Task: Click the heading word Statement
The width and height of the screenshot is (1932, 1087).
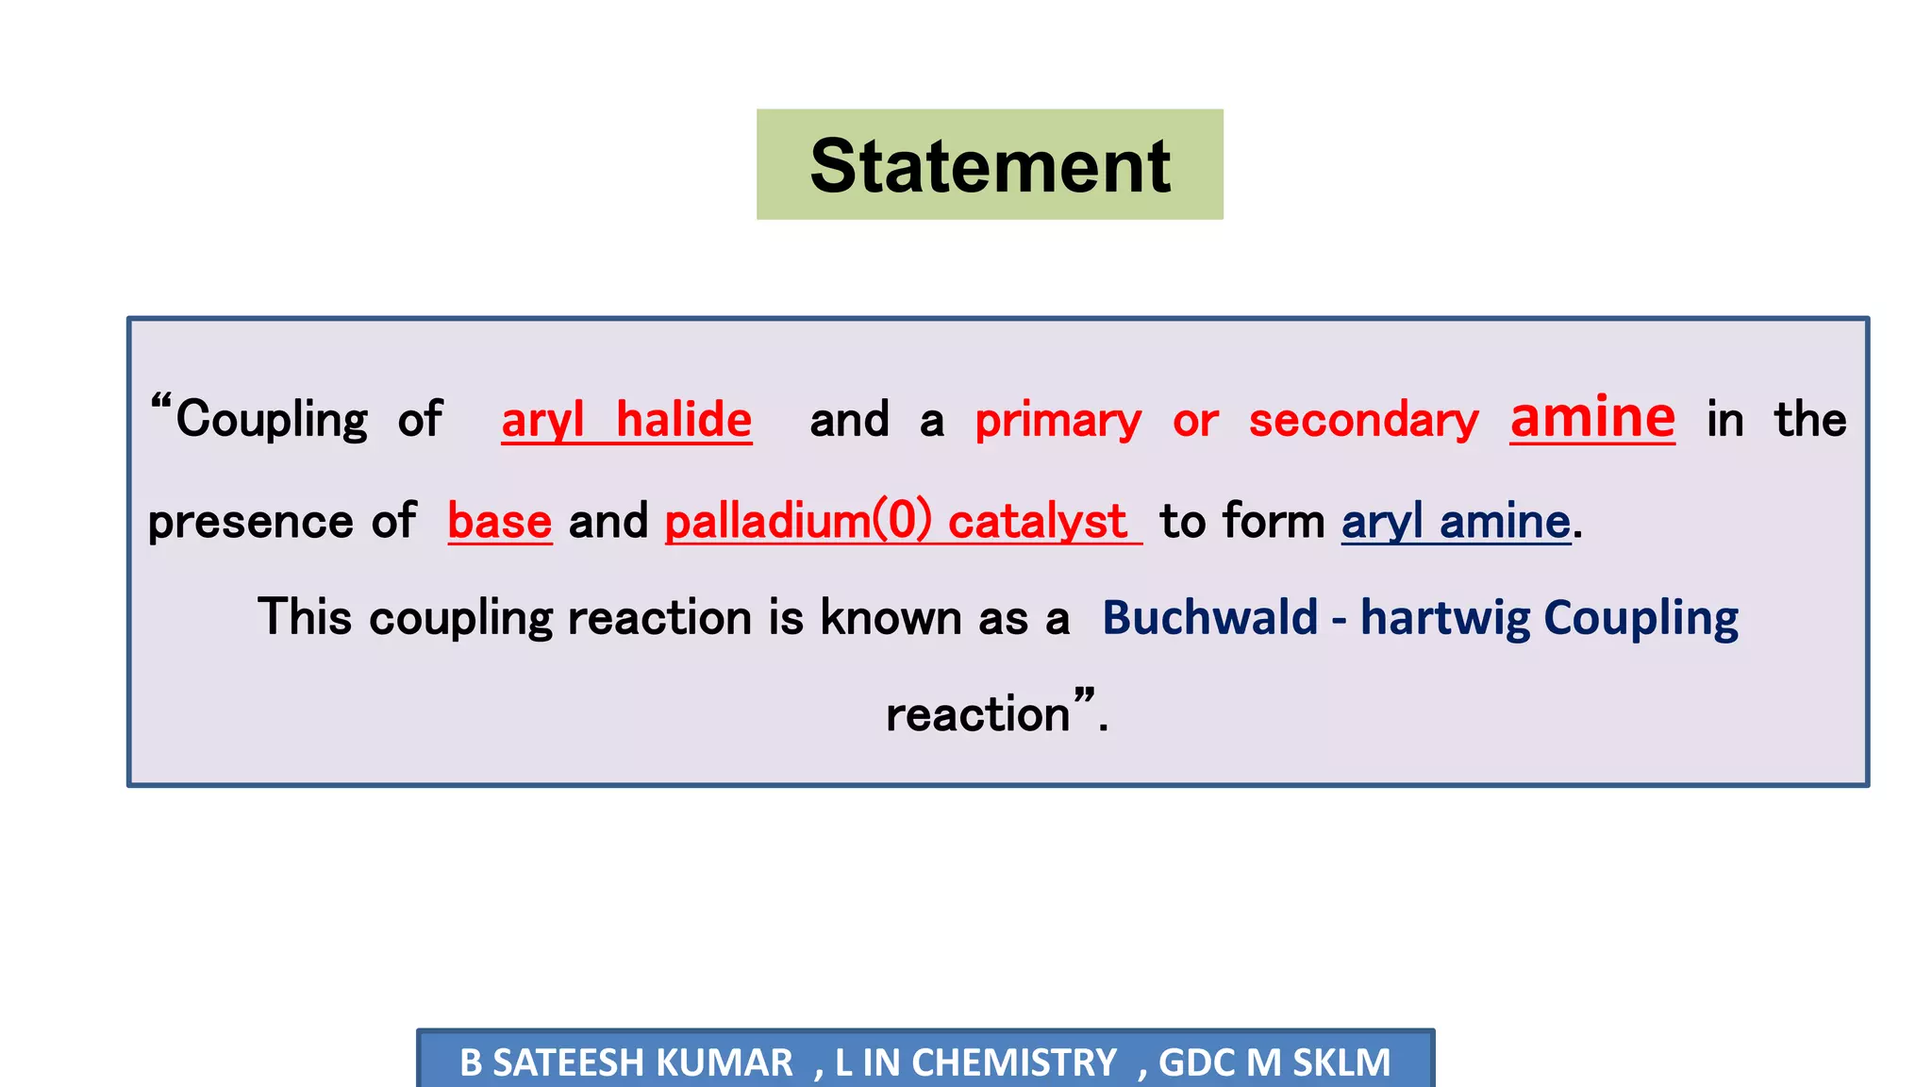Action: pyautogui.click(x=990, y=166)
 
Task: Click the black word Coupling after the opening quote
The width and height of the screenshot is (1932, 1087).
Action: pyautogui.click(x=272, y=420)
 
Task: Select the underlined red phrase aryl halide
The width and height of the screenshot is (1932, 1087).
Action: pyautogui.click(x=626, y=420)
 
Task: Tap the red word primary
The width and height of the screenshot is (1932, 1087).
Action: pyautogui.click(x=1058, y=421)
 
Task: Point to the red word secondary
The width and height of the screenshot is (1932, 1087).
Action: pyautogui.click(x=1363, y=421)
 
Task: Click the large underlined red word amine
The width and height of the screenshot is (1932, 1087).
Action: pyautogui.click(x=1592, y=417)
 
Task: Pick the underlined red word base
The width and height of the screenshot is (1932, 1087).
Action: pyautogui.click(x=499, y=521)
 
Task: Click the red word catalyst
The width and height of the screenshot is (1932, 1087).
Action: pyautogui.click(x=1037, y=521)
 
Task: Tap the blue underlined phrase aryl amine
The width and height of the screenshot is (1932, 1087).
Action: pyautogui.click(x=1456, y=521)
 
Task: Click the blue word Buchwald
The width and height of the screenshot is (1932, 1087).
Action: pyautogui.click(x=1209, y=618)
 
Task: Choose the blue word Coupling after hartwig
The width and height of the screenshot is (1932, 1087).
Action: pyautogui.click(x=1641, y=618)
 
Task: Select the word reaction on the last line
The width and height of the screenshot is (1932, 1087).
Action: pyautogui.click(x=977, y=714)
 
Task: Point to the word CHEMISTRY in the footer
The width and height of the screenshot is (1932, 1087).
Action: pyautogui.click(x=1014, y=1062)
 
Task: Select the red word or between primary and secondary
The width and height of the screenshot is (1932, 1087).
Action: pyautogui.click(x=1195, y=421)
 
